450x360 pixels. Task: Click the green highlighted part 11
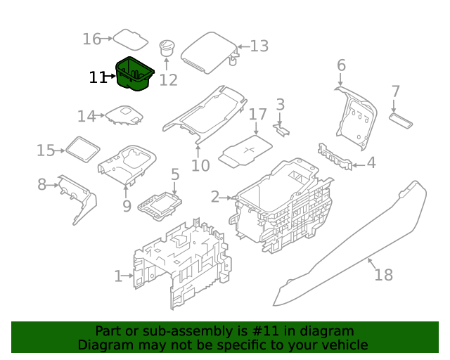click(134, 74)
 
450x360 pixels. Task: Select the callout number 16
click(92, 39)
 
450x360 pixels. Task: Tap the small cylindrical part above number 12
click(167, 48)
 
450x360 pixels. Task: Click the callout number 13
click(259, 46)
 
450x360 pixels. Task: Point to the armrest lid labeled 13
click(210, 53)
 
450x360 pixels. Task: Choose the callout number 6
click(341, 65)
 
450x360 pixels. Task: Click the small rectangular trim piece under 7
click(401, 120)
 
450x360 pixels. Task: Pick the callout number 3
click(281, 105)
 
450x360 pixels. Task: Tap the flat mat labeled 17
click(245, 150)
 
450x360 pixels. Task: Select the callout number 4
click(371, 163)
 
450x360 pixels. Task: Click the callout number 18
click(384, 275)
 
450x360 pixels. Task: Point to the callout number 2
click(215, 197)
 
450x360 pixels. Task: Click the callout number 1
click(119, 276)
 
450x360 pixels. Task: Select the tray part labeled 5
click(160, 206)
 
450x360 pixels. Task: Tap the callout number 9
click(127, 206)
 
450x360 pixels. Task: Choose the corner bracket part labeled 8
click(77, 199)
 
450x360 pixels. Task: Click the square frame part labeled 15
click(83, 149)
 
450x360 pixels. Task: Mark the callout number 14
click(86, 116)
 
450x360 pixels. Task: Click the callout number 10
click(200, 165)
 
